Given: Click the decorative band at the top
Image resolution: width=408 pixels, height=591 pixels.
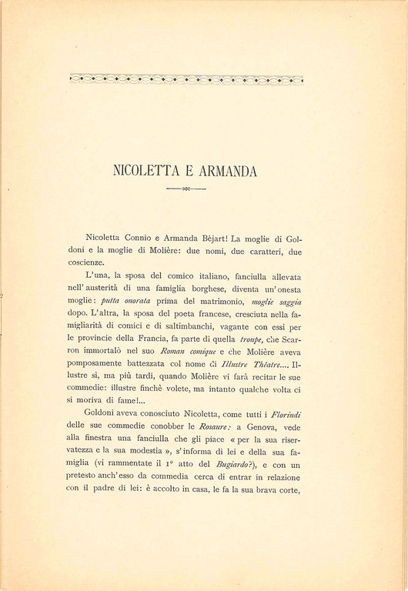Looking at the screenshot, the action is [186, 78].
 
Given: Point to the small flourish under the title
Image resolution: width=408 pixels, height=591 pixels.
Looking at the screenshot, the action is [186, 187].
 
